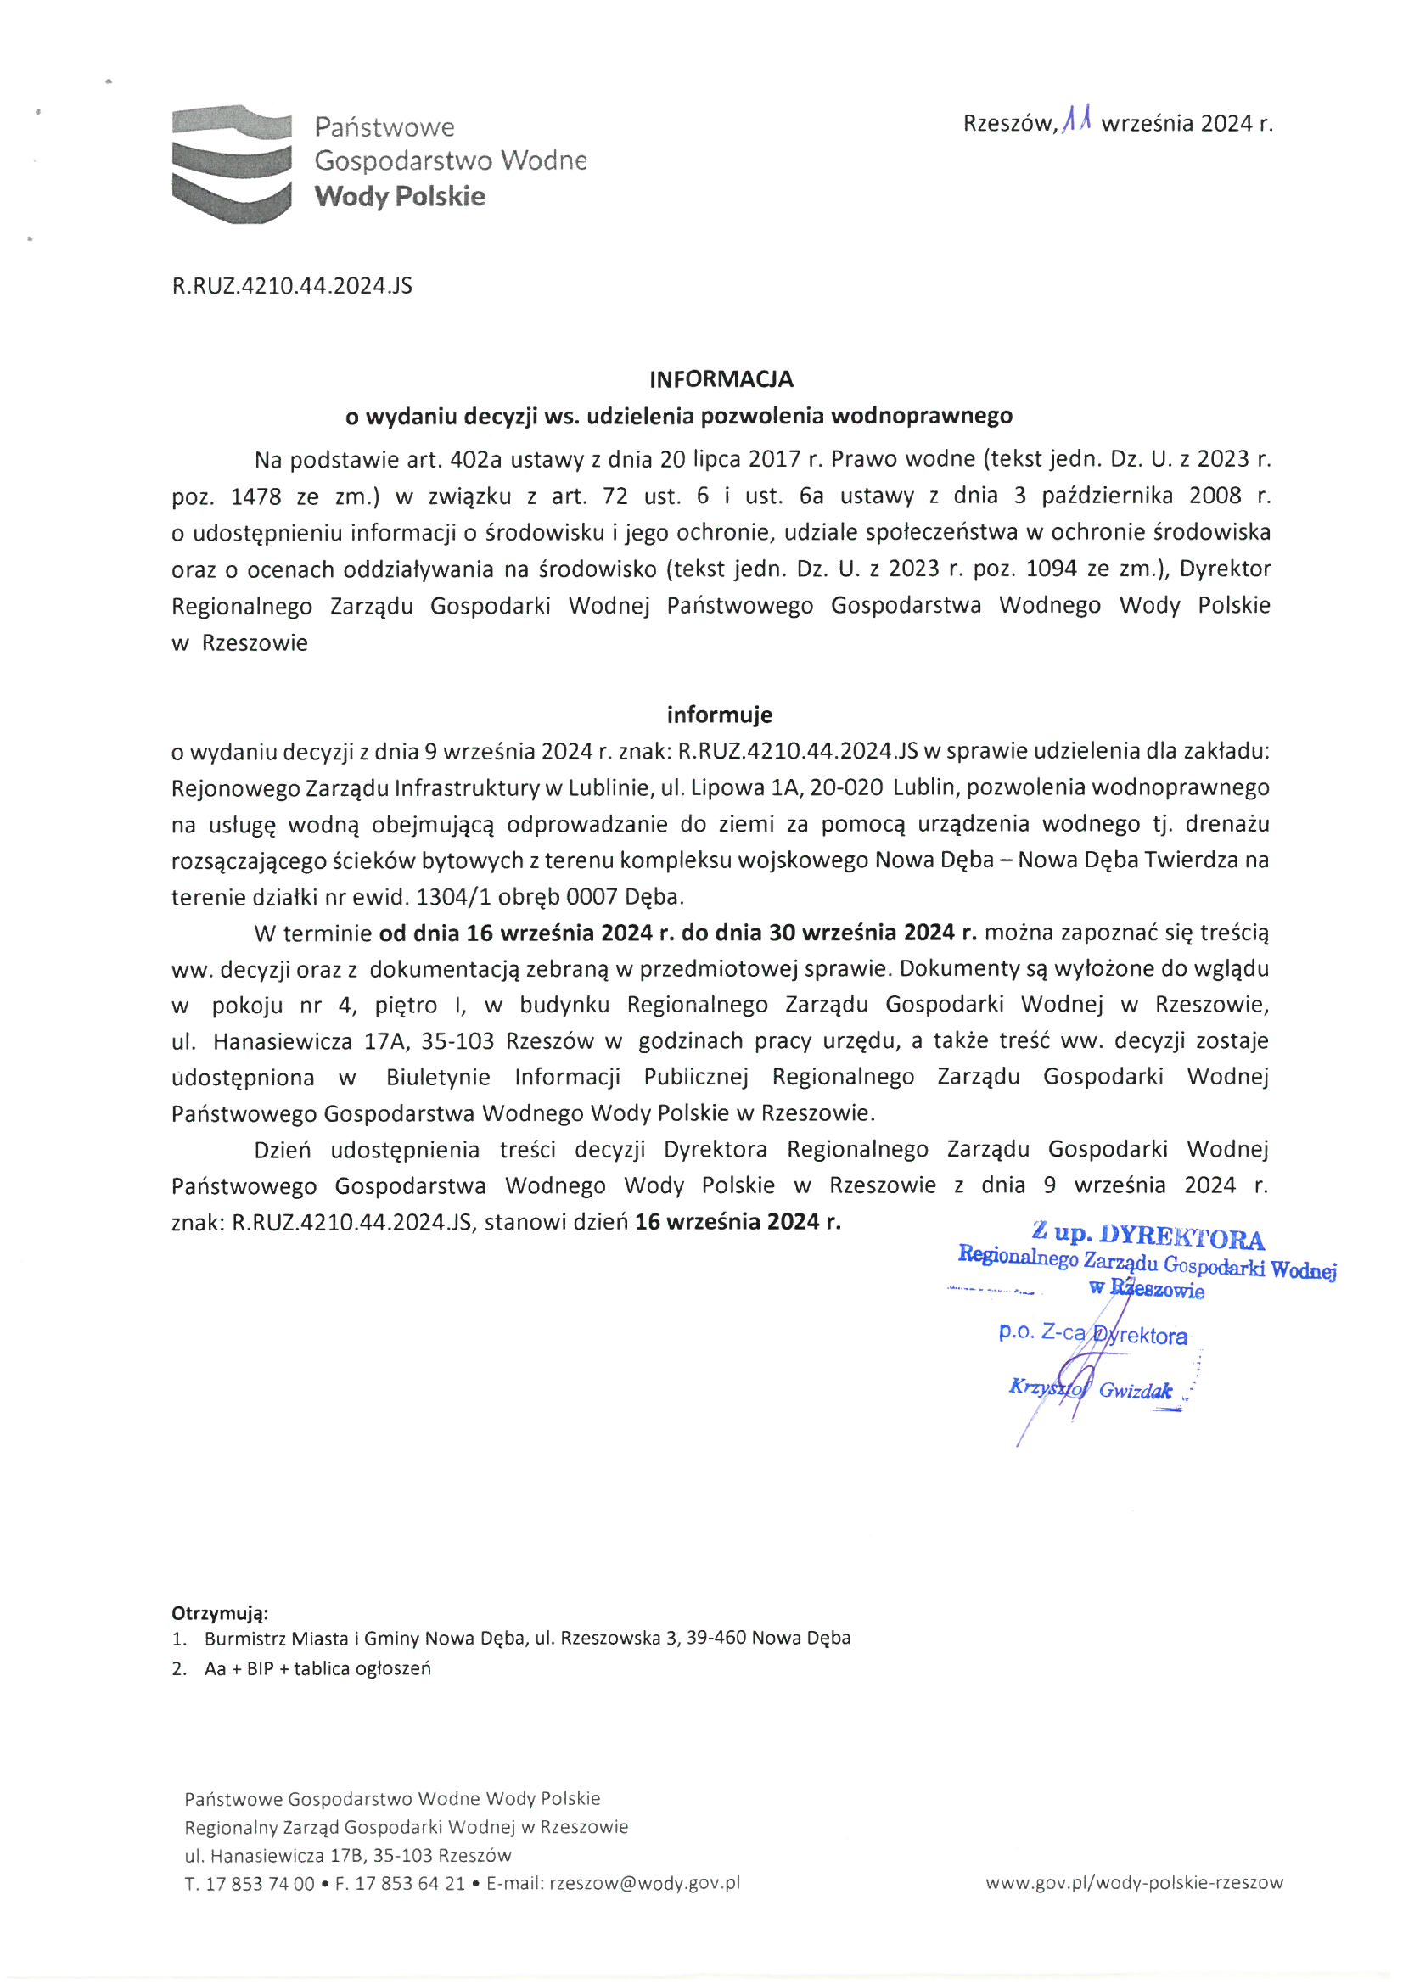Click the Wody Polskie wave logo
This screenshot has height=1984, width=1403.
(230, 164)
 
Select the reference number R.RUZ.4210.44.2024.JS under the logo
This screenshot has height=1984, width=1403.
(292, 286)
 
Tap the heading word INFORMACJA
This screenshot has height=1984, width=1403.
(721, 379)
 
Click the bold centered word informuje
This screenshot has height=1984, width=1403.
(719, 715)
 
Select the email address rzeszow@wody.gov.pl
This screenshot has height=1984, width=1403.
(645, 1883)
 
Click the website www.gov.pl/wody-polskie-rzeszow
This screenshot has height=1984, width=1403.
(1134, 1883)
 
